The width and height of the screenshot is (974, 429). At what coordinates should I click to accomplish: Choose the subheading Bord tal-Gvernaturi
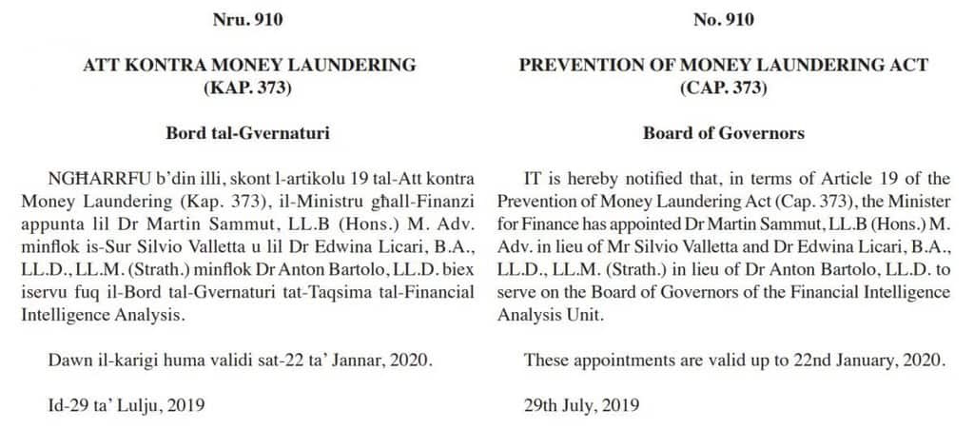[249, 133]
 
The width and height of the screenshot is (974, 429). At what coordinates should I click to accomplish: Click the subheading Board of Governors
[723, 133]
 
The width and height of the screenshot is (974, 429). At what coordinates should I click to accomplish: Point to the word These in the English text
[545, 360]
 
